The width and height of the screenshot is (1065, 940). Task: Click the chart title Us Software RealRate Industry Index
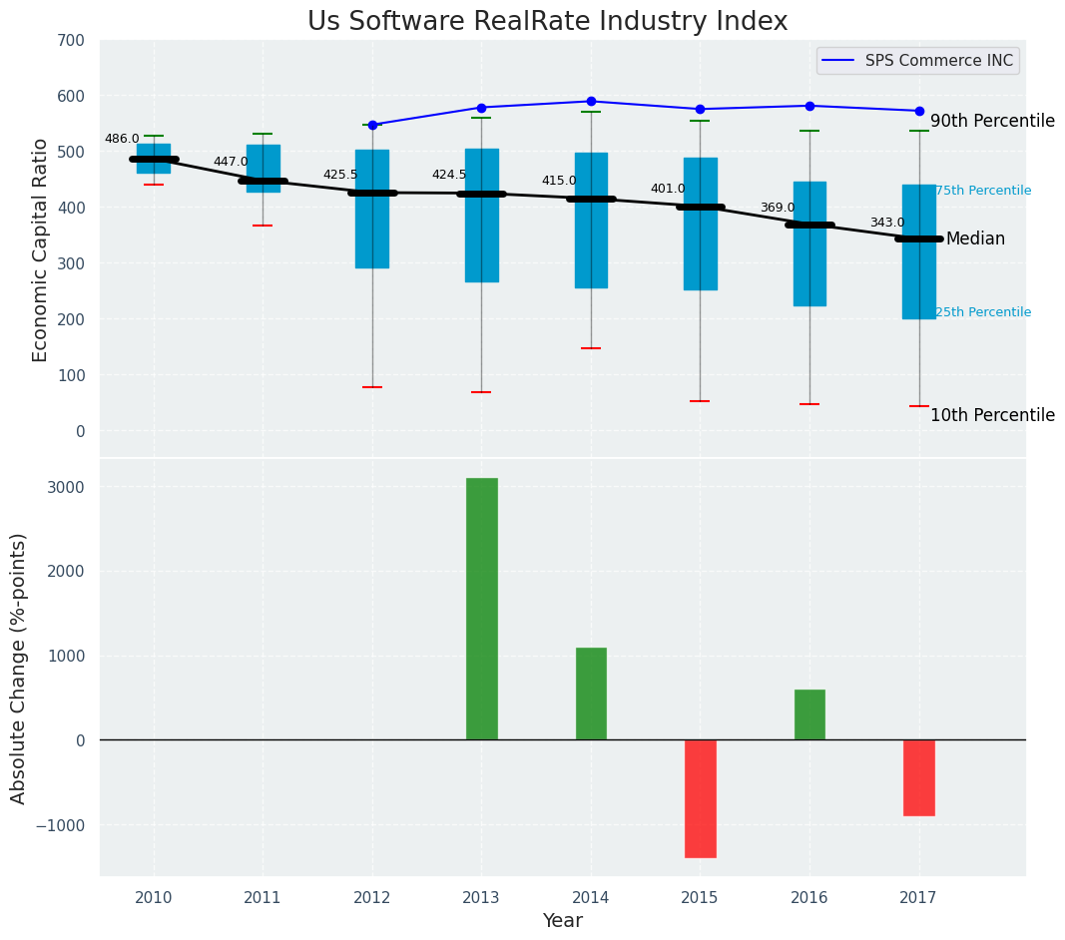547,22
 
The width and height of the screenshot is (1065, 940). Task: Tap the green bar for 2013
481,609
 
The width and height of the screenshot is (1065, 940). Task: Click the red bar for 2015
700,798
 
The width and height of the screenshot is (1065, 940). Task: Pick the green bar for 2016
809,714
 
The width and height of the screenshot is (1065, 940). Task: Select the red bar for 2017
918,777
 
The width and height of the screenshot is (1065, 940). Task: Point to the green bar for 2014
591,694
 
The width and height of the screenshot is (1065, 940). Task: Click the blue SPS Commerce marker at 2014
591,101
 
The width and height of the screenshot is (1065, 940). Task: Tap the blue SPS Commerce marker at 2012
372,125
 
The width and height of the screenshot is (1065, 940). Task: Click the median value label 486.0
122,139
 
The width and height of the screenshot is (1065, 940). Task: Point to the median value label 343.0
886,223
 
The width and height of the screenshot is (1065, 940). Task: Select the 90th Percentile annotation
992,121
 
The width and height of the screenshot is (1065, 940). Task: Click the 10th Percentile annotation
992,415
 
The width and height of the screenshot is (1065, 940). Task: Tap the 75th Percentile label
983,191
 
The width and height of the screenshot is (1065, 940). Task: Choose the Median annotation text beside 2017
975,238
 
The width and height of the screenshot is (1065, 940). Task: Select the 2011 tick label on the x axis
263,897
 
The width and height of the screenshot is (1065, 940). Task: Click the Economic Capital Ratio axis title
41,249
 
